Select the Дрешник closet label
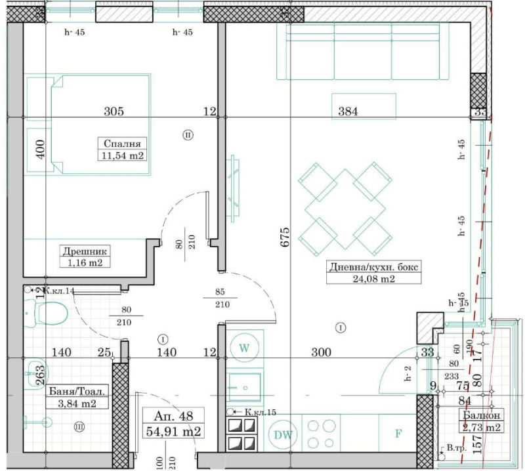coord(85,251)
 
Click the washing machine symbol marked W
coord(245,348)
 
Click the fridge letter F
coord(398,434)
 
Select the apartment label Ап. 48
coord(175,415)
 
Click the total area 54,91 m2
coord(175,431)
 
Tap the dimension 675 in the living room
coord(285,236)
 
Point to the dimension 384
coord(347,112)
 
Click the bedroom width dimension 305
coord(114,112)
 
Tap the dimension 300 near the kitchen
coord(321,352)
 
